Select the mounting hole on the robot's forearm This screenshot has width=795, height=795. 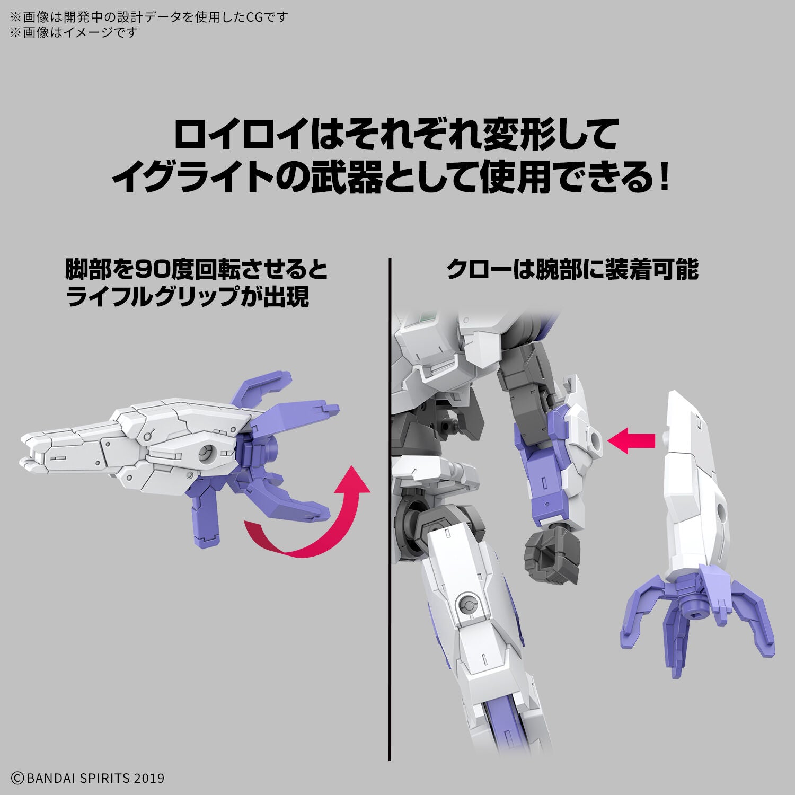pyautogui.click(x=596, y=439)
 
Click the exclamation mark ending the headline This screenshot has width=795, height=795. pyautogui.click(x=665, y=179)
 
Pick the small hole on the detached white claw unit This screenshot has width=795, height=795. pyautogui.click(x=722, y=510)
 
